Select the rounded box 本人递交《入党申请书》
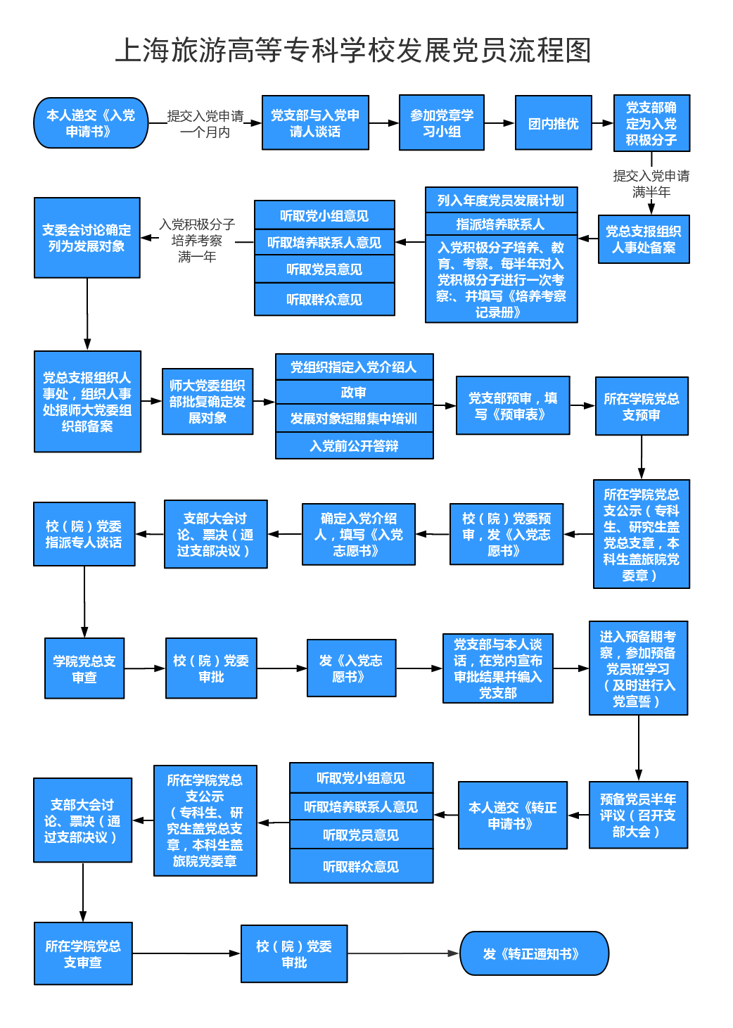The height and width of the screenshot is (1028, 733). [x=91, y=122]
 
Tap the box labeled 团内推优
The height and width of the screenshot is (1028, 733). [x=553, y=122]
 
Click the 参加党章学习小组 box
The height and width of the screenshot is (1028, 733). [x=441, y=122]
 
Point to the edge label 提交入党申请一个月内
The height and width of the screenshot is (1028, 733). [x=205, y=123]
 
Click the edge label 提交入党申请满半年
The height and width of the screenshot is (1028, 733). [x=651, y=183]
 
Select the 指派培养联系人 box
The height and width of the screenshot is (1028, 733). [x=501, y=224]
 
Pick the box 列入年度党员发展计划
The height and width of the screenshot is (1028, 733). [x=501, y=200]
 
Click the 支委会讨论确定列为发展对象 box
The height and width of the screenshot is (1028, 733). [x=87, y=238]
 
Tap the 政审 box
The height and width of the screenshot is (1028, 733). [x=354, y=392]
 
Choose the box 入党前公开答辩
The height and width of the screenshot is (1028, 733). [x=354, y=445]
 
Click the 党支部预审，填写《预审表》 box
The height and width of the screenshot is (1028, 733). [x=513, y=405]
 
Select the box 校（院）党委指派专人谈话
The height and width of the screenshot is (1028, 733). [x=84, y=534]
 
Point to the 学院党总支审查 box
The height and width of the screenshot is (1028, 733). [x=84, y=668]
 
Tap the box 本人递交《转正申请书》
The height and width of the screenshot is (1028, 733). [x=512, y=815]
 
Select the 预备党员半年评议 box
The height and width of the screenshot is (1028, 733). [x=638, y=815]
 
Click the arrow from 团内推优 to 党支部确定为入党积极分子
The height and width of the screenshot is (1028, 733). [x=603, y=123]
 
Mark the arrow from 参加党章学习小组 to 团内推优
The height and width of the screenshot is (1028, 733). [x=499, y=123]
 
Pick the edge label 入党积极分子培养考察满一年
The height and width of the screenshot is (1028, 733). [x=197, y=240]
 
